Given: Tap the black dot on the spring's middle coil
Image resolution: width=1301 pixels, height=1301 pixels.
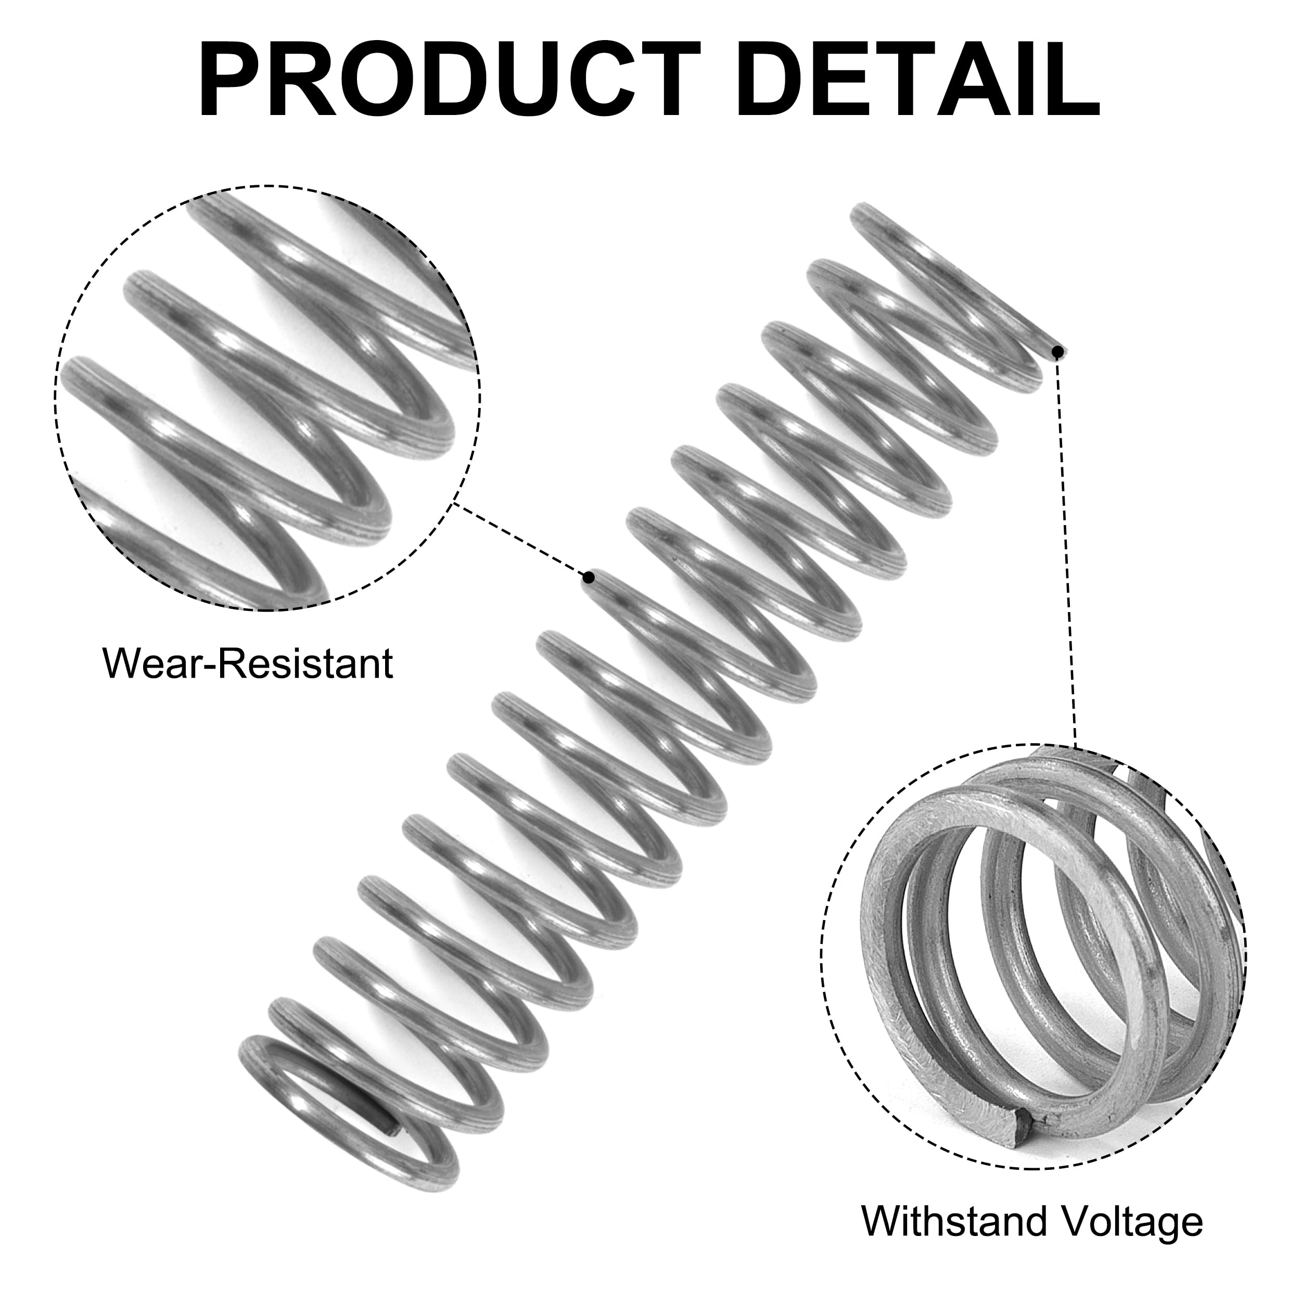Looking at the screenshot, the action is pos(589,577).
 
